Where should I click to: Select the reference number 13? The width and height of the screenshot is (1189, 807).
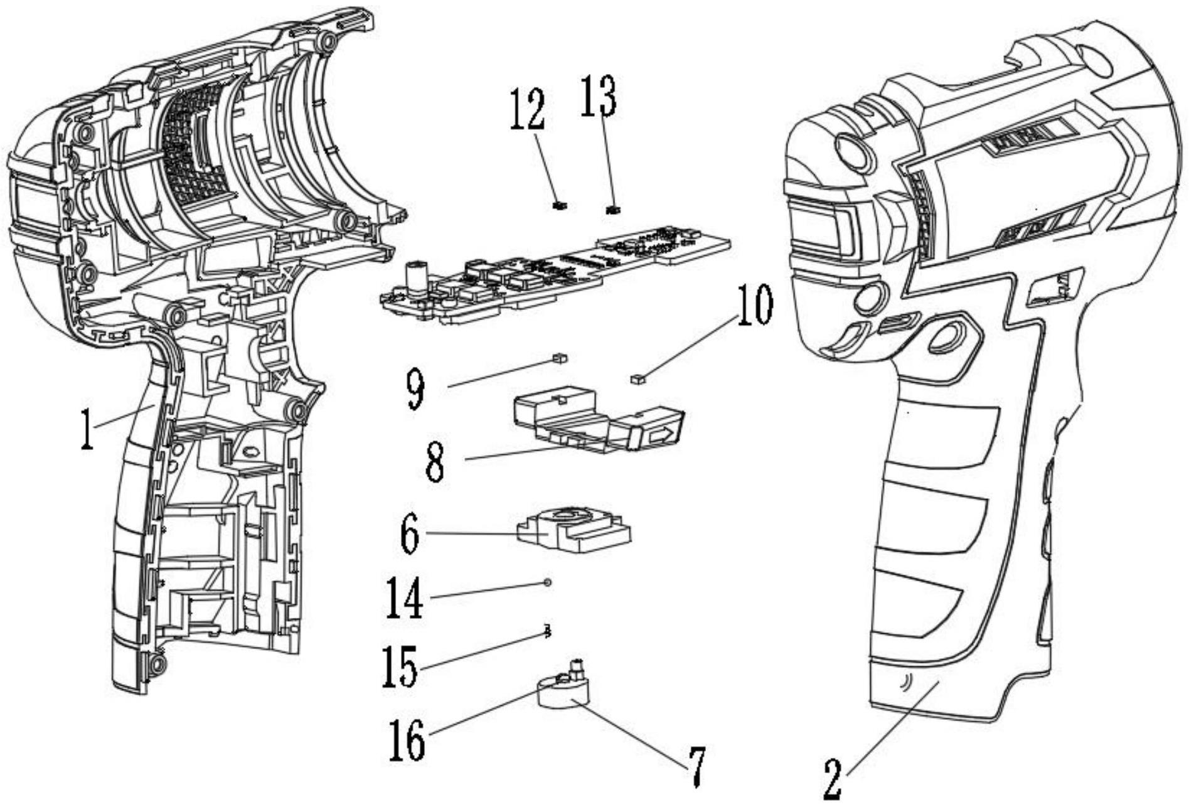(x=598, y=96)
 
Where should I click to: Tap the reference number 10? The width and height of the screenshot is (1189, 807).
(x=755, y=306)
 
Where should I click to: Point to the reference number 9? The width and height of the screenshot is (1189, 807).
(x=415, y=390)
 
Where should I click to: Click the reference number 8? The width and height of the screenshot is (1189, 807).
(x=435, y=462)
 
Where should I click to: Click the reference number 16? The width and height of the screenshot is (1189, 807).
(x=407, y=740)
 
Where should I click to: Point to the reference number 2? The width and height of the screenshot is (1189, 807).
(x=833, y=779)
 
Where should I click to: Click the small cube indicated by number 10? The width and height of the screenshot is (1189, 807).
(x=637, y=378)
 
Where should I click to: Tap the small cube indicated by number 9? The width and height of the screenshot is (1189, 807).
(x=559, y=358)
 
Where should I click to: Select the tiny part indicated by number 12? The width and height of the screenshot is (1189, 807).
(x=560, y=206)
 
